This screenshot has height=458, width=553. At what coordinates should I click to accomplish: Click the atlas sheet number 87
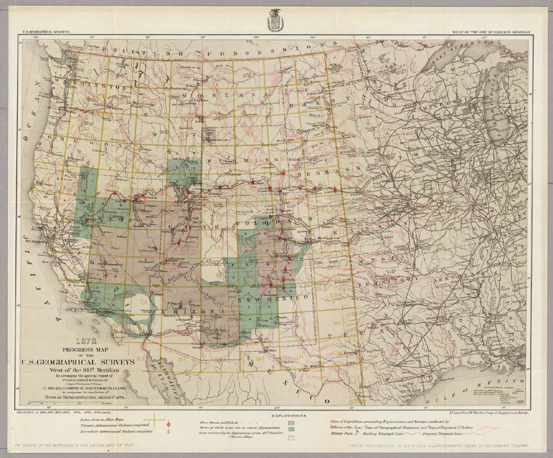(141, 358)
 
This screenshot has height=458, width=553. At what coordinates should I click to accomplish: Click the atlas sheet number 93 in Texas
(304, 386)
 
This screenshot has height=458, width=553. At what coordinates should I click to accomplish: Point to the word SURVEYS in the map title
(114, 362)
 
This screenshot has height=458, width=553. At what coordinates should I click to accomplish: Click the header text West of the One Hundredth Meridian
(492, 32)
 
